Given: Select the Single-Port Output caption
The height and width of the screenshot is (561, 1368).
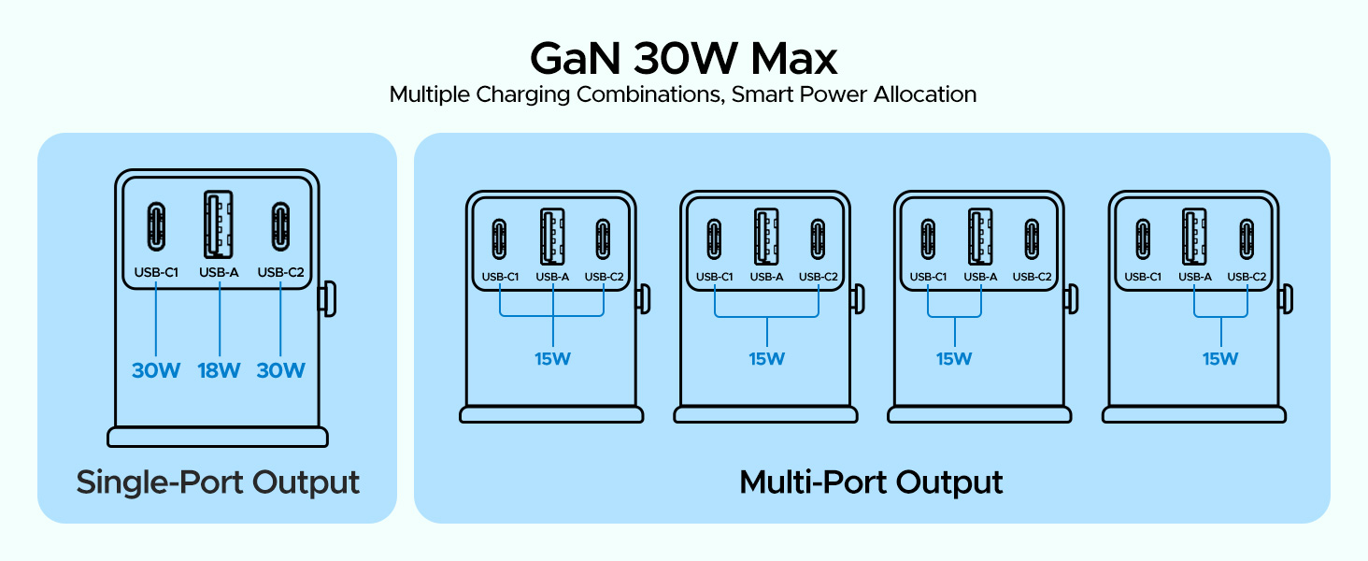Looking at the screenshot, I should pos(218,482).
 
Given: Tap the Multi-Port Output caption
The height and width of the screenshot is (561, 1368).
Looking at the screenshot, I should pos(871,482).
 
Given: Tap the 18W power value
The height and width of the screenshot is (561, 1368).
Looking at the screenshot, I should pos(219,370).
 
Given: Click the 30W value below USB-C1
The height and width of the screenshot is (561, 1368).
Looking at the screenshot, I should pos(155,370).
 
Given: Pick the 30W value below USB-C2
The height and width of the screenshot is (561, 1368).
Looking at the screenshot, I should pos(281,370).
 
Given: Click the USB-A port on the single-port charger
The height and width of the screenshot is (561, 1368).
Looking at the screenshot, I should pos(219,225).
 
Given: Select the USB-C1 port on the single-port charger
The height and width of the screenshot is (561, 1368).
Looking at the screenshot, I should pos(155,225).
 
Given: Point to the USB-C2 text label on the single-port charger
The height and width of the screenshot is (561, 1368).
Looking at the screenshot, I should pos(281,273).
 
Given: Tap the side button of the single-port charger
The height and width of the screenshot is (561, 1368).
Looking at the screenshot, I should pos(328,297).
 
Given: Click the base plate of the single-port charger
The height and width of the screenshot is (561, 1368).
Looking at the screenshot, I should pos(218,437).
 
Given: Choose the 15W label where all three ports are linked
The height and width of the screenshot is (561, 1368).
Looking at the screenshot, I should pos(552,359).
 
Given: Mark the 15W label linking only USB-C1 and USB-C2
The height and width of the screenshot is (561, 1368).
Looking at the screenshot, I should pos(766,359).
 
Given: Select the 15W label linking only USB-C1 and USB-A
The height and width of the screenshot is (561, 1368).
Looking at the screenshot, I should pos(954,359).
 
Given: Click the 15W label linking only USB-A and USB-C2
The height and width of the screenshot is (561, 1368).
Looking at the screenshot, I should pos(1220,359).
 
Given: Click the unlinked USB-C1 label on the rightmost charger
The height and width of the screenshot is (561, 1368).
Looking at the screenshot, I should pos(1143,277).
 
